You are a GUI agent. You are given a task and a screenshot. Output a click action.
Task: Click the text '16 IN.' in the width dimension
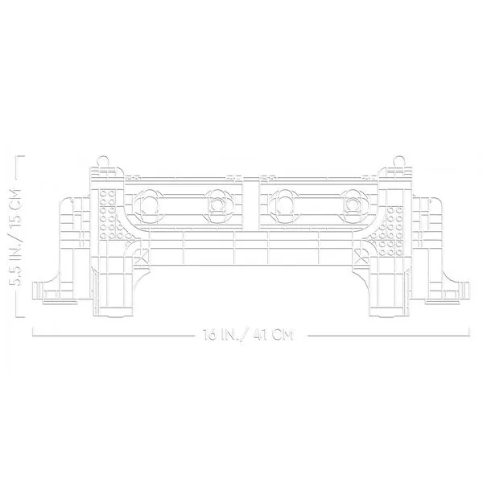tap(218, 335)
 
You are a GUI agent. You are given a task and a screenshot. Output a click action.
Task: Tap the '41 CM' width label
tap(273, 335)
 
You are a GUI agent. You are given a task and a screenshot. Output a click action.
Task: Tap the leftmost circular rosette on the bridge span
tap(149, 205)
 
